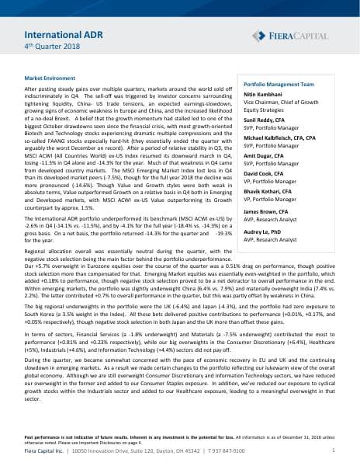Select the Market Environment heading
point(48,79)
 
